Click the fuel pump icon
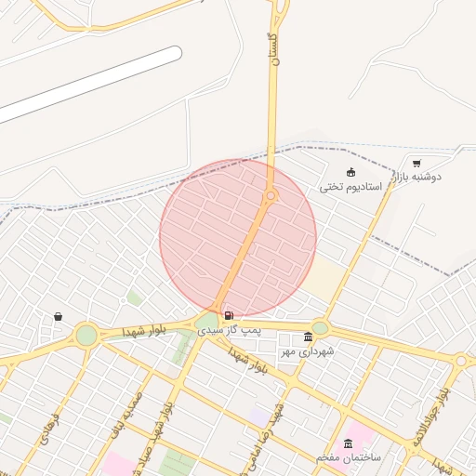click(x=229, y=316)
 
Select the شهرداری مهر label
click(x=310, y=351)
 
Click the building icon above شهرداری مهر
click(x=309, y=337)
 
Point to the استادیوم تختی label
click(x=351, y=187)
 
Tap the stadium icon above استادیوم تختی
click(x=350, y=172)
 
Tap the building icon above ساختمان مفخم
click(x=349, y=443)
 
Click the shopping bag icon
click(x=59, y=316)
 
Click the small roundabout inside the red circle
click(x=271, y=195)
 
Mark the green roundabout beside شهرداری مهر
click(x=320, y=327)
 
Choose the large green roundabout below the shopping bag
click(x=86, y=334)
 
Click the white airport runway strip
click(x=88, y=86)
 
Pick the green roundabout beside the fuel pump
click(x=205, y=323)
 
